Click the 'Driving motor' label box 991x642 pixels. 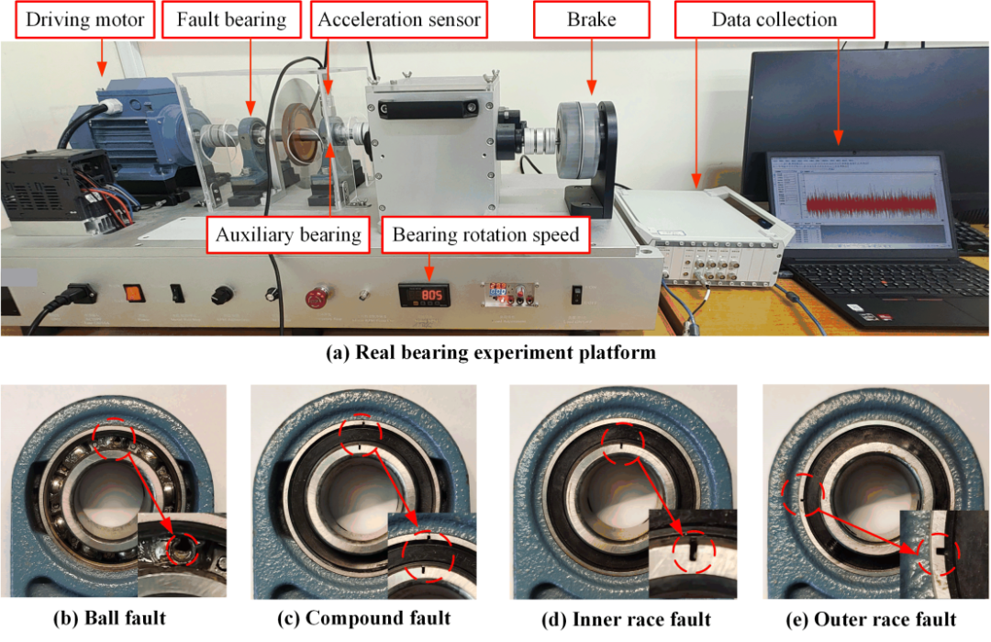pyautogui.click(x=84, y=19)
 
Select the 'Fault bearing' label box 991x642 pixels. pyautogui.click(x=231, y=19)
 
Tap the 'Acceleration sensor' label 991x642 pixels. pyautogui.click(x=399, y=19)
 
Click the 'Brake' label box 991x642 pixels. pyautogui.click(x=592, y=19)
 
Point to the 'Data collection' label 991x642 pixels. pyautogui.click(x=774, y=19)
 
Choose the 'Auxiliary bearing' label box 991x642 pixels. pyautogui.click(x=288, y=234)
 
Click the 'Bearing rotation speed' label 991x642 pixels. pyautogui.click(x=485, y=234)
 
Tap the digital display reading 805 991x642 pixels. pyautogui.click(x=424, y=296)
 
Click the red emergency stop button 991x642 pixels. pyautogui.click(x=316, y=298)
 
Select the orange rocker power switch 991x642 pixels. pyautogui.click(x=133, y=294)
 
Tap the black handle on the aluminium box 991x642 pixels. pyautogui.click(x=428, y=109)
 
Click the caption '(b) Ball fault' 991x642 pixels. pyautogui.click(x=109, y=618)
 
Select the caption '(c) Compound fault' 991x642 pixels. pyautogui.click(x=364, y=618)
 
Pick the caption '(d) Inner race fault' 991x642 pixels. pyautogui.click(x=626, y=619)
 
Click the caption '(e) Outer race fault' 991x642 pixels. pyautogui.click(x=871, y=619)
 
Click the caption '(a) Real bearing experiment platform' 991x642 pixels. pyautogui.click(x=491, y=353)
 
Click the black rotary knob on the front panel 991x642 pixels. pyautogui.click(x=222, y=294)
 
